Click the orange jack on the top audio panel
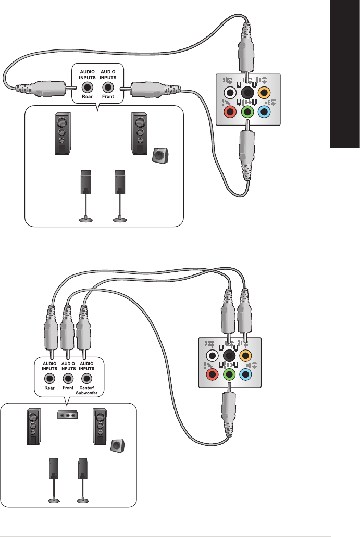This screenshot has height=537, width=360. pos(265,94)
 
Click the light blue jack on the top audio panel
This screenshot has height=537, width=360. pos(265,110)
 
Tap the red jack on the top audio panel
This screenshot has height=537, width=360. pos(227,110)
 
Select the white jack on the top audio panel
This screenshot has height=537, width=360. pos(227,94)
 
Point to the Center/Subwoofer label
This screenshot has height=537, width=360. pos(84,391)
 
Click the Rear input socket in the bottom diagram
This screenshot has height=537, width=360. pos(49,378)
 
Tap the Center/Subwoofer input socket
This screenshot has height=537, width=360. pos(84,378)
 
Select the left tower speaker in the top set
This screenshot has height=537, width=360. pos(61,134)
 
